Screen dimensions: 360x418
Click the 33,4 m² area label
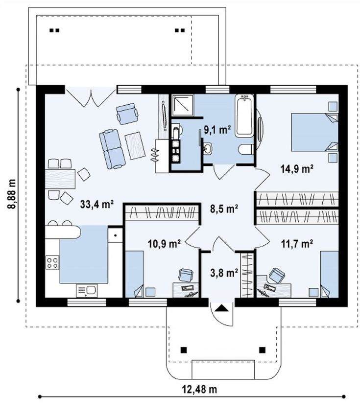click(97, 204)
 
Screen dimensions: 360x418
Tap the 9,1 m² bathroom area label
click(217, 130)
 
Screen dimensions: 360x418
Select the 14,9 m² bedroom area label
click(297, 169)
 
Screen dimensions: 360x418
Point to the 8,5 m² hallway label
click(224, 209)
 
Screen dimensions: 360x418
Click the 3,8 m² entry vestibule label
click(224, 273)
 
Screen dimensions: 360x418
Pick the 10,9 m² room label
click(164, 243)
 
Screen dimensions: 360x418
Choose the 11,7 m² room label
click(297, 243)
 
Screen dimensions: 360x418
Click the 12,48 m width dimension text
click(199, 390)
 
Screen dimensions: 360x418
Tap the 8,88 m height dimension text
click(12, 194)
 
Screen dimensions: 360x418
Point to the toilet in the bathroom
click(245, 149)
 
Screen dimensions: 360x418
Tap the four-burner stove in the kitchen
click(52, 262)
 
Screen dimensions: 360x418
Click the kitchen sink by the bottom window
click(87, 290)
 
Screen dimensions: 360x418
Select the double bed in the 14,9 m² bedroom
click(314, 132)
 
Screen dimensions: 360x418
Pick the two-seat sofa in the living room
click(112, 149)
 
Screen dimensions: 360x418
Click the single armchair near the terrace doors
click(127, 114)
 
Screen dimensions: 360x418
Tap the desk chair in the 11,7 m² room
click(277, 275)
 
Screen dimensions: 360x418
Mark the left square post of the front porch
click(183, 350)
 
